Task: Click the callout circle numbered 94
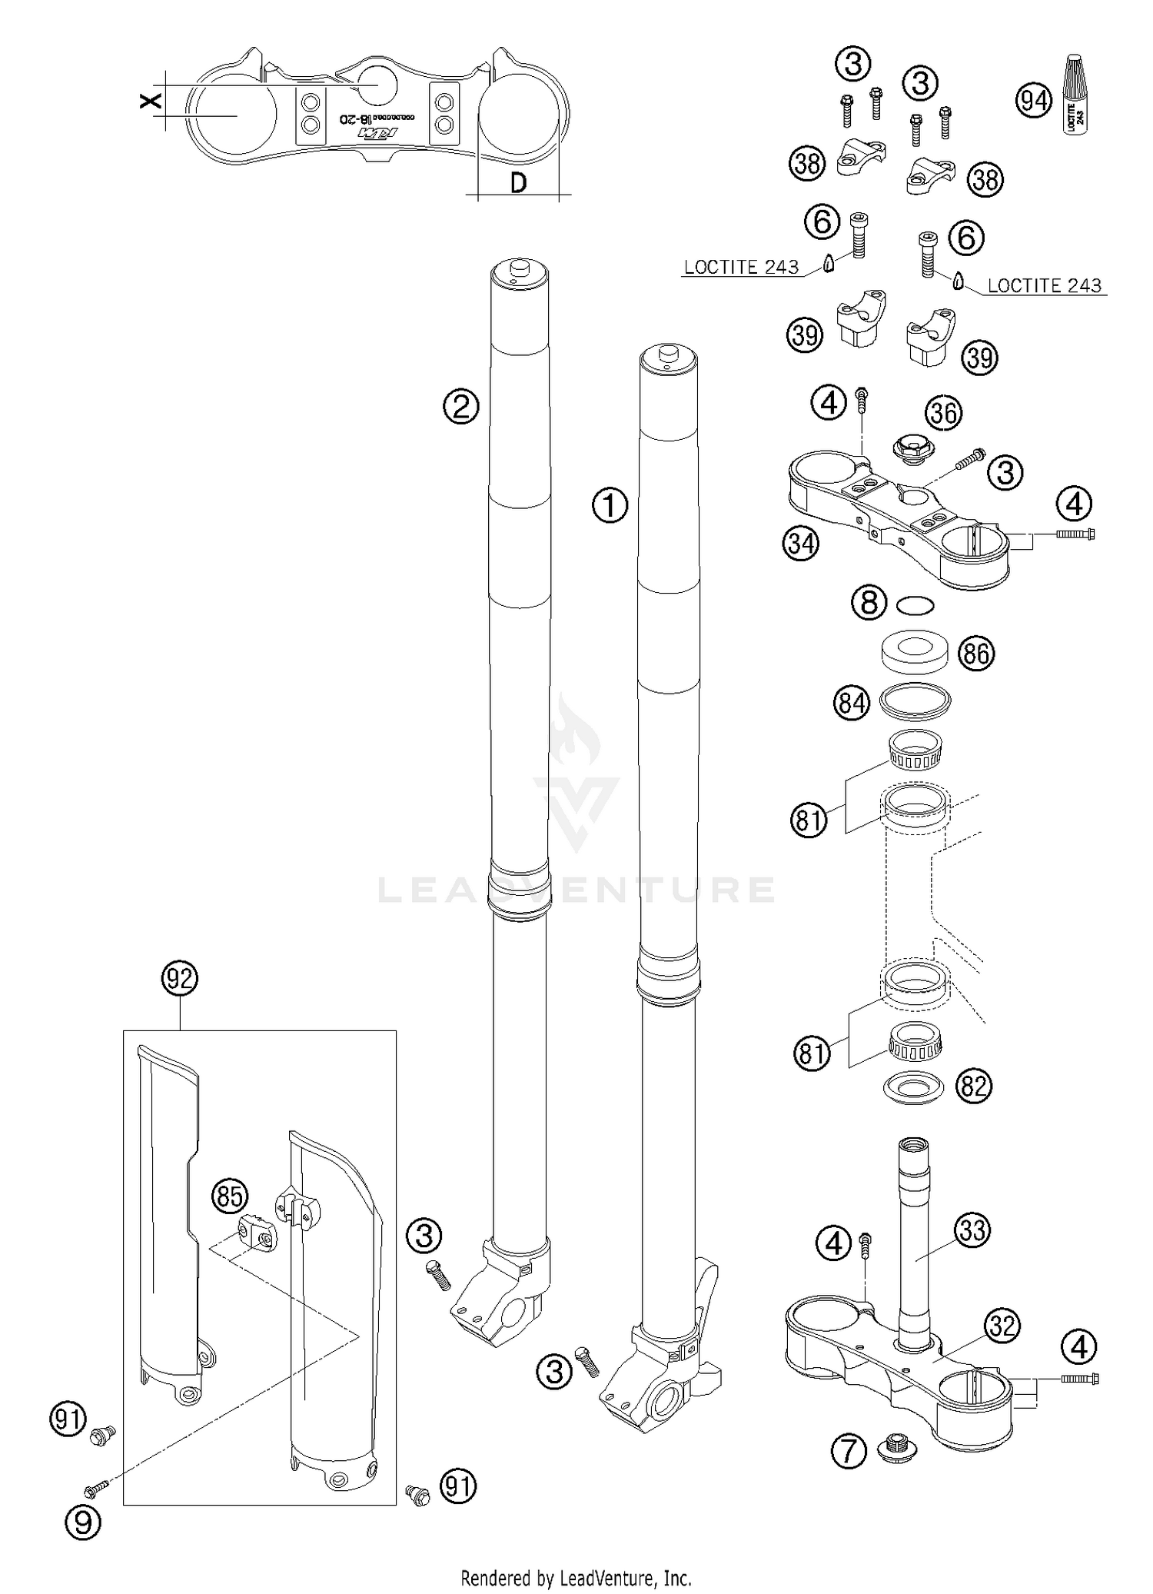(1034, 101)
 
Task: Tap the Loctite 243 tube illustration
(1078, 94)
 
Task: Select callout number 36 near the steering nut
(944, 413)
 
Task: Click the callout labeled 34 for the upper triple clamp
(801, 544)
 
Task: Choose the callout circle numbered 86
(975, 654)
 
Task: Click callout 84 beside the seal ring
(852, 703)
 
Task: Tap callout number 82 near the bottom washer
(973, 1086)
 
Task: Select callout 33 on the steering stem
(972, 1231)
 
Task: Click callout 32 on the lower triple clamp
(1003, 1326)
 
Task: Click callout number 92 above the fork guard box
(180, 979)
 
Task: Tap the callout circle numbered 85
(230, 1196)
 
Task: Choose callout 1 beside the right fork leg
(610, 506)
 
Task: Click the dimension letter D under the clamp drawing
(519, 183)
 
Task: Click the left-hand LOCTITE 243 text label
(741, 267)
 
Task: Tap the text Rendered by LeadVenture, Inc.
(576, 1577)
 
